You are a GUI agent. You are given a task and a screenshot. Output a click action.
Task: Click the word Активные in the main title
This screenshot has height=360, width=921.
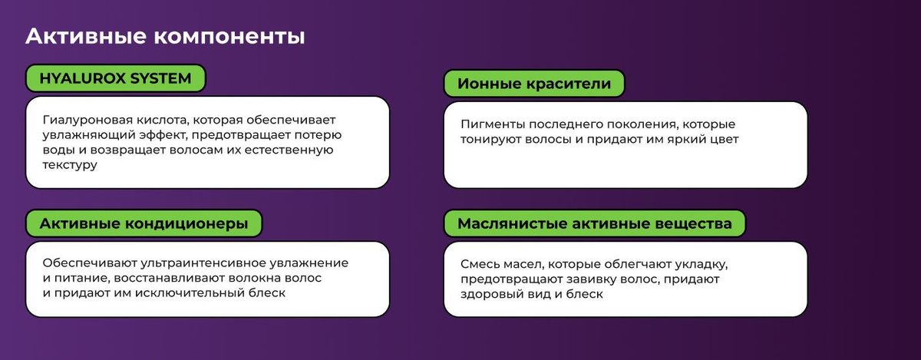tap(86, 36)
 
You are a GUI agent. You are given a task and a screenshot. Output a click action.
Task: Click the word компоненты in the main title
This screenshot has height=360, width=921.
tap(229, 37)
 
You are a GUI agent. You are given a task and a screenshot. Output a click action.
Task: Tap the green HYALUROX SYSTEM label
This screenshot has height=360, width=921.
tap(116, 78)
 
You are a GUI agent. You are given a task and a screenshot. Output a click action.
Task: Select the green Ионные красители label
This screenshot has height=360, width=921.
tap(534, 84)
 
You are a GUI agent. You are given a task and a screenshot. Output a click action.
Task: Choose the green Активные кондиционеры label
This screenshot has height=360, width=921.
tap(144, 223)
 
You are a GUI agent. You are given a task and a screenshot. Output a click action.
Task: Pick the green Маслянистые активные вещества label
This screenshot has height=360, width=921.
tap(595, 223)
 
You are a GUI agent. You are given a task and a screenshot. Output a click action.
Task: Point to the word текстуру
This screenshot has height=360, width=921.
tap(70, 165)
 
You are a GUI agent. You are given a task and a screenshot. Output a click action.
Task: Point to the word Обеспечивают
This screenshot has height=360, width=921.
tap(90, 263)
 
